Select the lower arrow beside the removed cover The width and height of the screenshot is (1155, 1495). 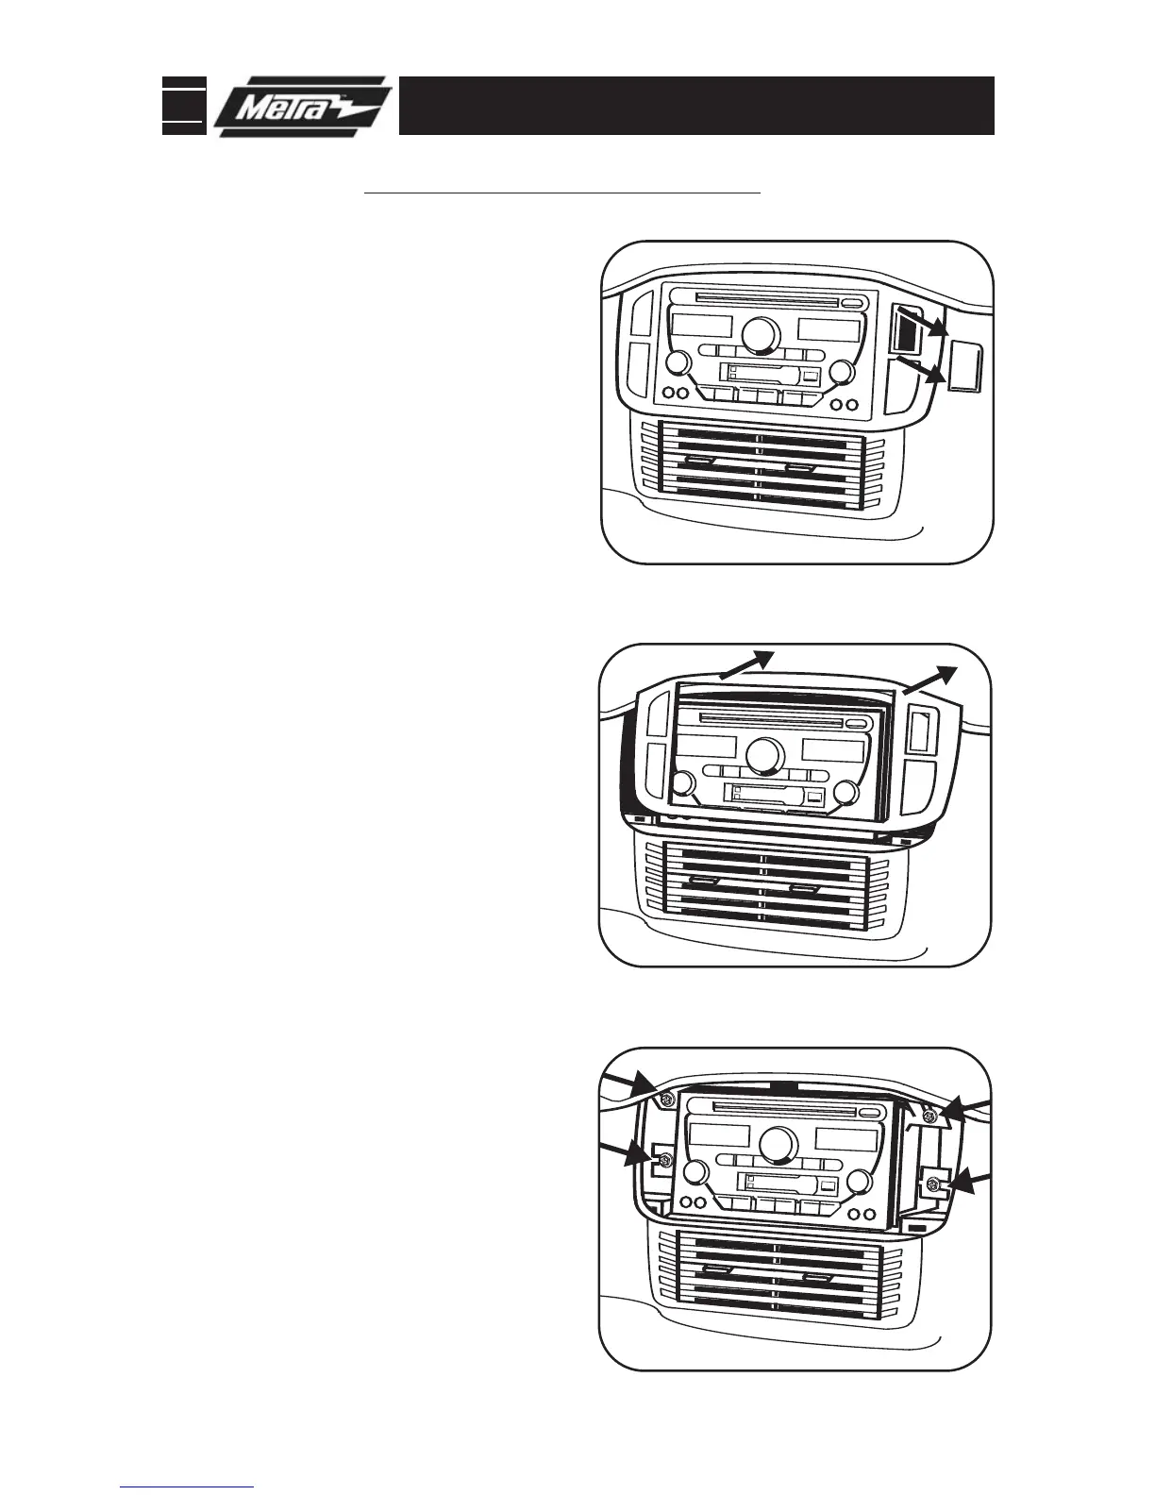coord(924,369)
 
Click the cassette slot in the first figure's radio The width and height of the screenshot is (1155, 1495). coord(762,375)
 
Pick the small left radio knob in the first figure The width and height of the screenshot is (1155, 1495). coord(676,363)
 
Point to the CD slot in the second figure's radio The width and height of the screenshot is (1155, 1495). coord(769,719)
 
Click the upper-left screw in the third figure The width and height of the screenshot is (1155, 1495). coord(666,1100)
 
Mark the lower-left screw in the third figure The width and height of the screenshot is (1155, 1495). coord(664,1159)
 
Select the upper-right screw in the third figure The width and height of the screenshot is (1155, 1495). coord(930,1117)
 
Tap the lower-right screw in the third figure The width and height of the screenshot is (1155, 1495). coord(932,1184)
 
